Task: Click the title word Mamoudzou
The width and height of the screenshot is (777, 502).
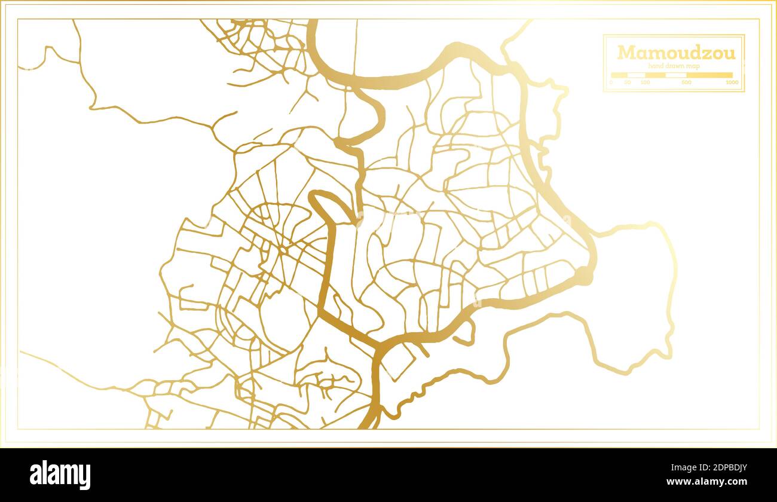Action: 676,53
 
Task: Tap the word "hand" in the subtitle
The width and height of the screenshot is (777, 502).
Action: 656,66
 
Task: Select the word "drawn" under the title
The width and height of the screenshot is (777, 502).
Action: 676,66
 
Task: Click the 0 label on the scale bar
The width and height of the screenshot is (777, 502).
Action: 611,82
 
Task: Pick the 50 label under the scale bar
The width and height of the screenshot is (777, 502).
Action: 628,82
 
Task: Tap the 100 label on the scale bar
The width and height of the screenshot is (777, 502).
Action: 645,82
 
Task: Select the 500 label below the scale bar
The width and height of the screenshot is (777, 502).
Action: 686,82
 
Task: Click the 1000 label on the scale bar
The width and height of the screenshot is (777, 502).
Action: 732,82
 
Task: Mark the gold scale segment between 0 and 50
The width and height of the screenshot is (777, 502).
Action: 619,75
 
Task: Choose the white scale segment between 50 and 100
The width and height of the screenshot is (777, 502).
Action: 637,75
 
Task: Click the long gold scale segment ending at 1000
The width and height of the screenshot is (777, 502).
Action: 709,75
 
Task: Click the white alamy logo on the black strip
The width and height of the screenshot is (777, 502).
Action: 60,475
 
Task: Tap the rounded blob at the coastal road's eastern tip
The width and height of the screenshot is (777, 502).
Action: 584,276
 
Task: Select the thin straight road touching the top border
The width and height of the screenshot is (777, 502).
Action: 356,48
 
